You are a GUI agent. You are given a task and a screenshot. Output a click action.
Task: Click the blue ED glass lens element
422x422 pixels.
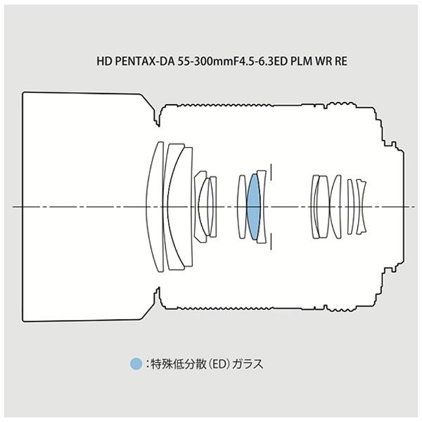[253, 207]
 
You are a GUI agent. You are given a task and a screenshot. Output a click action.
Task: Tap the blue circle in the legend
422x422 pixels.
[136, 364]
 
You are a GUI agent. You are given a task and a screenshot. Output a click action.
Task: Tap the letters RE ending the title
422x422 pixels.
[340, 61]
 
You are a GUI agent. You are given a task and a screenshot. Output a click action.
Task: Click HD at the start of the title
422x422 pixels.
[104, 61]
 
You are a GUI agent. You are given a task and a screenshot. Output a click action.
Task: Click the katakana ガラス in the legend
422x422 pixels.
[248, 364]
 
